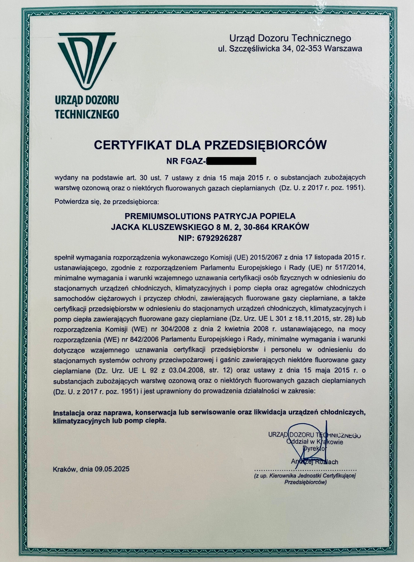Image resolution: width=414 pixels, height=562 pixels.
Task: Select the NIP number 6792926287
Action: pos(220,238)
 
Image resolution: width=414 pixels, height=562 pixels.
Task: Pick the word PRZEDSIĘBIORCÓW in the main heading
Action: pos(266,145)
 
